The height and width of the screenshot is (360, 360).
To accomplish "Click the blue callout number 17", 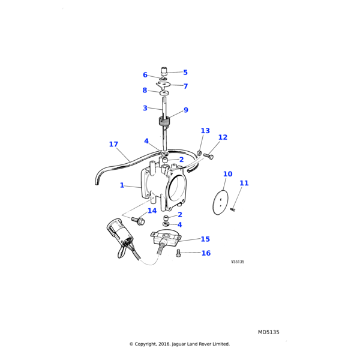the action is coord(113,144).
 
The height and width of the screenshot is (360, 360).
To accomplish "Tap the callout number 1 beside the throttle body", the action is coord(122,185).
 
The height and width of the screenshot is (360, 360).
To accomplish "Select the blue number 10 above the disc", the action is coord(227,174).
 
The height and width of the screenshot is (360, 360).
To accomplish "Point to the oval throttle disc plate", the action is coord(221,203).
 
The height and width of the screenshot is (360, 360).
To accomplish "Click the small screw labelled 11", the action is coord(233,209).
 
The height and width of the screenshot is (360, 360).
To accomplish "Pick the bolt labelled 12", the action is coord(208,156).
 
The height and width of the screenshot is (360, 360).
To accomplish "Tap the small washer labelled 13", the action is coord(200,152).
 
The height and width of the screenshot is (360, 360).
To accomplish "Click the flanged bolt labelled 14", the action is coord(138,221).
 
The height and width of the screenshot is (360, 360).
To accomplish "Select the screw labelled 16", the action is coord(179,253).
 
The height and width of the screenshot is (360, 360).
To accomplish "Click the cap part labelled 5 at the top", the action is coord(164,71).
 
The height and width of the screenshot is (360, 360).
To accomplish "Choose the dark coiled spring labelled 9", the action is coord(164,121).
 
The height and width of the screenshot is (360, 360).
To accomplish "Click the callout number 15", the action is coord(205,239).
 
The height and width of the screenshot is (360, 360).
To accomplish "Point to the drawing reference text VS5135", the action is coord(238,262).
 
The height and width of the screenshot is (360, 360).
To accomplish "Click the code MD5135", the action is coord(269,332).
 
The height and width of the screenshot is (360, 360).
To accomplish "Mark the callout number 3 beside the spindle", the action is coord(145,108).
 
